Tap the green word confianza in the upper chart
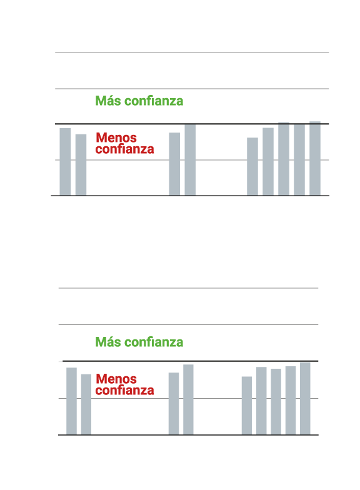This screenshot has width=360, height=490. [x=154, y=101]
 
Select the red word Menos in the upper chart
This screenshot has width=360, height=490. [x=116, y=137]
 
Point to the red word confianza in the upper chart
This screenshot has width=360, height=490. [x=125, y=149]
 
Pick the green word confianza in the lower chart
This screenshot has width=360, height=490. [x=154, y=342]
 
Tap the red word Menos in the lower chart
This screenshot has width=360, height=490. [x=116, y=379]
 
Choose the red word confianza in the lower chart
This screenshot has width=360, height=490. [x=125, y=390]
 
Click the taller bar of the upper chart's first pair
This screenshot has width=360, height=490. [x=65, y=162]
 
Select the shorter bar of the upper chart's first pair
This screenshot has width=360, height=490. [x=81, y=165]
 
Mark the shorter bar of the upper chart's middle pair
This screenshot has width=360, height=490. [x=174, y=164]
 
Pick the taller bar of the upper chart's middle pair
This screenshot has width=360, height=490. [x=190, y=160]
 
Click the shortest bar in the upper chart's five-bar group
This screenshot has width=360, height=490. [x=252, y=166]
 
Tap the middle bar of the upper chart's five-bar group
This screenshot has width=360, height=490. [x=284, y=159]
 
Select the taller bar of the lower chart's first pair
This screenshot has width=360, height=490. [x=71, y=401]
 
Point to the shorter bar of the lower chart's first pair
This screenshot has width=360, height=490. [x=86, y=405]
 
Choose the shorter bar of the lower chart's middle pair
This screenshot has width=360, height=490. [x=174, y=404]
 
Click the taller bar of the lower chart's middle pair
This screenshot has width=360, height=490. [x=188, y=400]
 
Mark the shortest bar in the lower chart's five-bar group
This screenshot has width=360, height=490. [x=247, y=406]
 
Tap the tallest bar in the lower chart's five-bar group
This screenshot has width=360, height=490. [x=305, y=399]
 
